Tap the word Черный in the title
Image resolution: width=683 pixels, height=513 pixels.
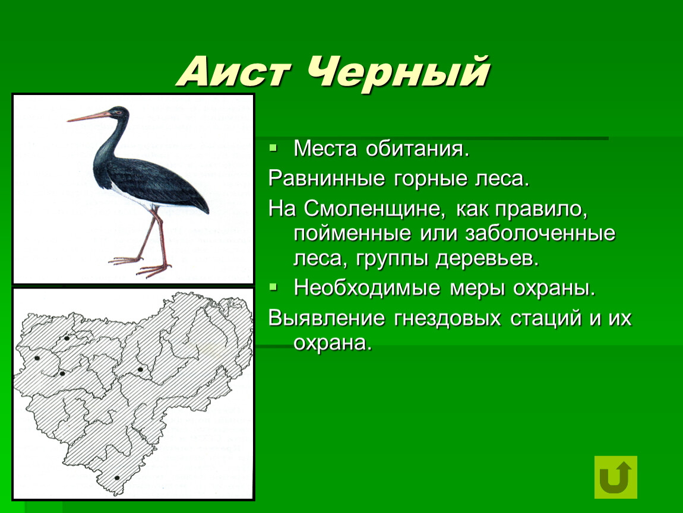pos(398,72)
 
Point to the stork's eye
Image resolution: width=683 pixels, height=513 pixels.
pos(117,112)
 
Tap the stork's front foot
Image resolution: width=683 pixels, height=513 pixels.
pos(153,270)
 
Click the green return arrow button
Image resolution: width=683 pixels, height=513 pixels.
pos(615,477)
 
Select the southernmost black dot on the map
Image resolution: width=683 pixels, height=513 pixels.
pos(117,478)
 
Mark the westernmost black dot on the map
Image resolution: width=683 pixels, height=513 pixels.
pos(37,359)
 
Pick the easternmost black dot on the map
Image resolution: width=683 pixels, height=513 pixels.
pos(140,369)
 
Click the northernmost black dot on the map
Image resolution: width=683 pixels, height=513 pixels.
pos(67,338)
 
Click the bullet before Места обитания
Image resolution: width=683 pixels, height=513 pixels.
pos(273,148)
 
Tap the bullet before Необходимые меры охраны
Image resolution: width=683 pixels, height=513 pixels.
pos(273,287)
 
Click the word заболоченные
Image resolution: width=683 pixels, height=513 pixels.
pos(540,233)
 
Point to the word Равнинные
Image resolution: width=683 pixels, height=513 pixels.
pos(327,179)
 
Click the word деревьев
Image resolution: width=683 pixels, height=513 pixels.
pos(488,259)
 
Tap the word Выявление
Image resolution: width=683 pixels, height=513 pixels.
pos(327,318)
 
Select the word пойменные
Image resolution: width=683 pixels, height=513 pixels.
pos(352,233)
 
